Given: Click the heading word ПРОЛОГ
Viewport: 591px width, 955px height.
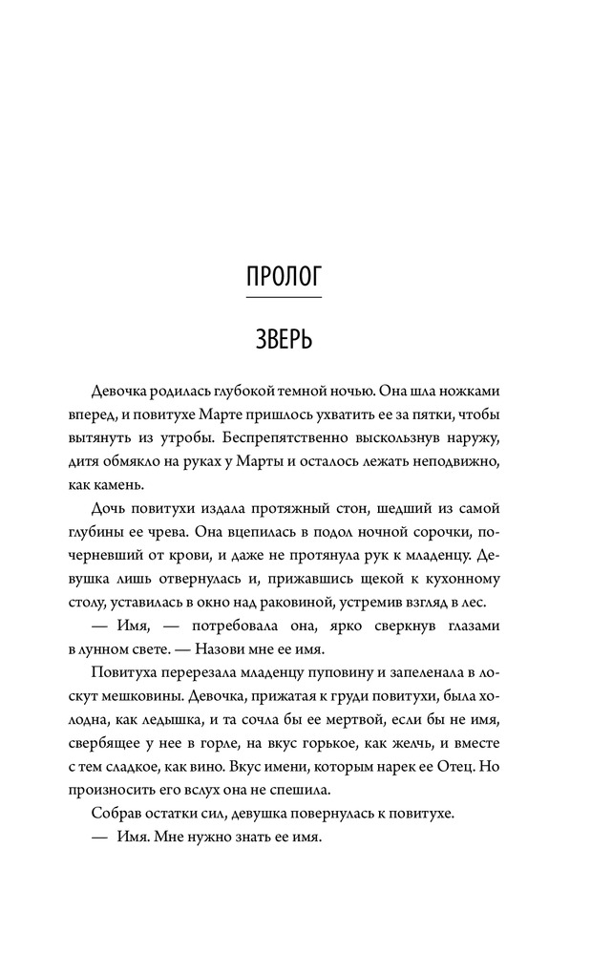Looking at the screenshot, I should [x=284, y=276].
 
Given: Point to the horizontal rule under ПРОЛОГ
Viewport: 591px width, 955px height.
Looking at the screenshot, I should [x=284, y=299].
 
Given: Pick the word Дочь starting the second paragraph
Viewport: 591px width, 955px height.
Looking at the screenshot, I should [x=110, y=507].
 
